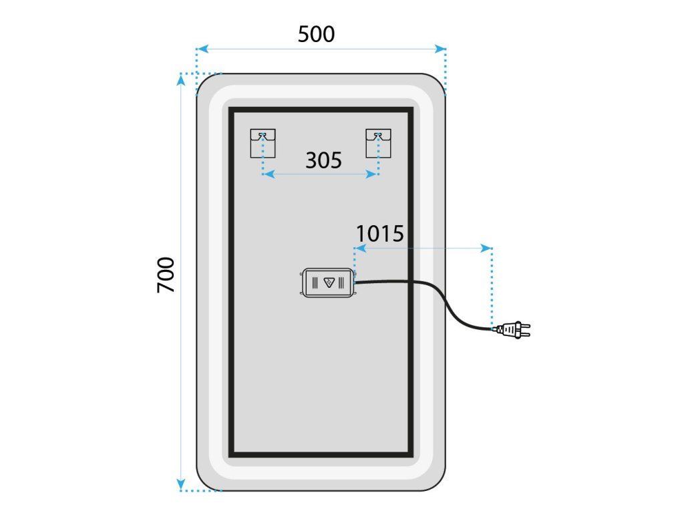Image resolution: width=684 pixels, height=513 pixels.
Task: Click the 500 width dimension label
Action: coord(316,33)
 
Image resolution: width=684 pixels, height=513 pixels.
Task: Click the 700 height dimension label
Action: coord(166,275)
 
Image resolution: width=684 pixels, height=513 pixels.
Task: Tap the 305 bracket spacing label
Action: coord(323,160)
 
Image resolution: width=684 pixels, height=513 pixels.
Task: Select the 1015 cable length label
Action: coord(379,234)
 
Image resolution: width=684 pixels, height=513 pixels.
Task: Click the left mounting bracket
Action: coord(263,143)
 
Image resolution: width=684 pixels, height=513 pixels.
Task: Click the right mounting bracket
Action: coord(379,143)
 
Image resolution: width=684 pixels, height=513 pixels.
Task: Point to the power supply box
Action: coord(328,283)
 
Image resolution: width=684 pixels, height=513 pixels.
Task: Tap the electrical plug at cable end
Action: coord(513,329)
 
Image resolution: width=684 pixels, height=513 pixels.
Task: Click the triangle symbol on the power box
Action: coord(329,282)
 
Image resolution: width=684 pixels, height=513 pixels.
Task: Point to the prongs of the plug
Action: coord(526,329)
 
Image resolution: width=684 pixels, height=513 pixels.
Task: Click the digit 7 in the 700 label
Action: coord(166,286)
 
